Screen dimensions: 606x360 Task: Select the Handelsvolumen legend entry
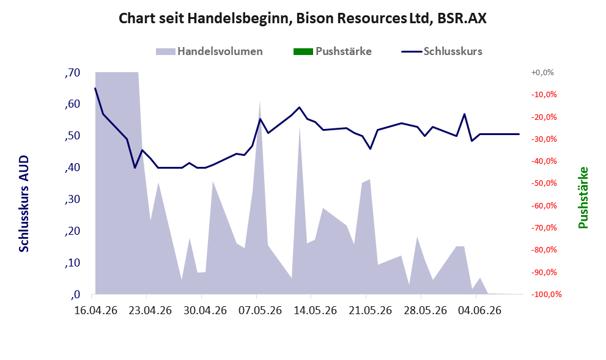click(209, 51)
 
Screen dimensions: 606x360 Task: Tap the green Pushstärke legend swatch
click(303, 51)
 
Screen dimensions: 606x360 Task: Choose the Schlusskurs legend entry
click(442, 51)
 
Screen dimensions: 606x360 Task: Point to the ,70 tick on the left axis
click(73, 72)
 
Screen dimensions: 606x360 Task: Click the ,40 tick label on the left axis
click(73, 167)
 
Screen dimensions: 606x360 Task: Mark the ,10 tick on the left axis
click(73, 263)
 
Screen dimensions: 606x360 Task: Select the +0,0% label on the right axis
click(542, 72)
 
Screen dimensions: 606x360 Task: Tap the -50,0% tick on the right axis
click(544, 183)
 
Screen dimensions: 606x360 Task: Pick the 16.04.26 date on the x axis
click(95, 310)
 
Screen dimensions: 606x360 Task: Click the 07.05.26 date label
click(260, 310)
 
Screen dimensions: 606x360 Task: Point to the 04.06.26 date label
click(479, 310)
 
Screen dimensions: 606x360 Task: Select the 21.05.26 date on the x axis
click(370, 310)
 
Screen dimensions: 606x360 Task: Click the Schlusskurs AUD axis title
click(24, 204)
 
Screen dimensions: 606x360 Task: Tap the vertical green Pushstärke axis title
click(583, 197)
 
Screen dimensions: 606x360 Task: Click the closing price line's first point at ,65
click(95, 88)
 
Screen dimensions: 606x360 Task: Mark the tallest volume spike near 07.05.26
click(260, 101)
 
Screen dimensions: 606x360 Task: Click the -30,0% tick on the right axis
click(544, 139)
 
